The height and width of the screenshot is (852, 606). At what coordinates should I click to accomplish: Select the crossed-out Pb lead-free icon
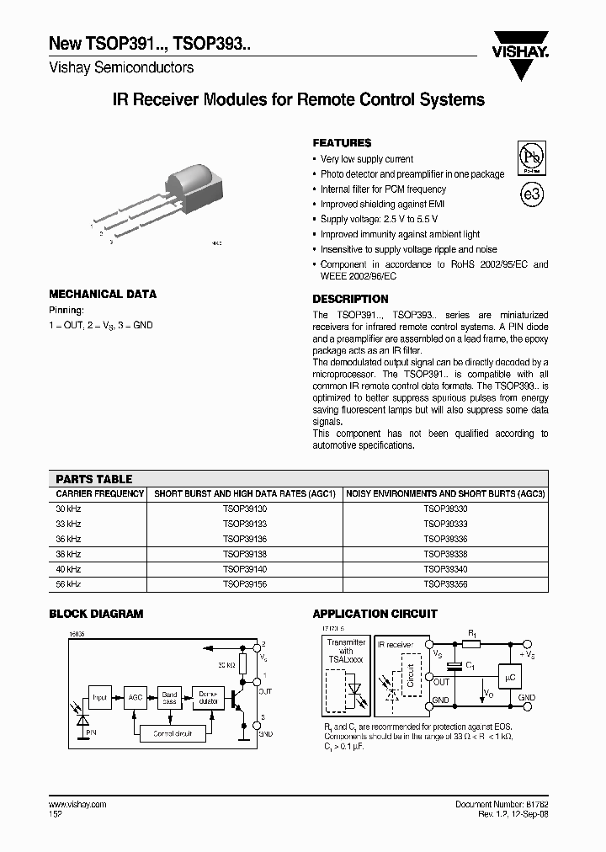point(530,157)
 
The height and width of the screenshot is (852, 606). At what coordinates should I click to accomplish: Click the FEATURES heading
point(342,143)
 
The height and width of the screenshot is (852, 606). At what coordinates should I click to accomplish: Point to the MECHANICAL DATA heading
point(103,294)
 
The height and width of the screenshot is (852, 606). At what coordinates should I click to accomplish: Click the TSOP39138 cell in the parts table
point(245,554)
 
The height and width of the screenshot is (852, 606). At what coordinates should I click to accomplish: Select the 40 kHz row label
point(68,569)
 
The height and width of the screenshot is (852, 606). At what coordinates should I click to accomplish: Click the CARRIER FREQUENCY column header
point(99,493)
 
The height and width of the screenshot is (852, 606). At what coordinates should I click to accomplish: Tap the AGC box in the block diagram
point(135,697)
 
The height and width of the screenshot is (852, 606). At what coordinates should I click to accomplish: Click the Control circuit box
point(173,733)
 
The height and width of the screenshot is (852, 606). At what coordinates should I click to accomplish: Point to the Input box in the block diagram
point(100,697)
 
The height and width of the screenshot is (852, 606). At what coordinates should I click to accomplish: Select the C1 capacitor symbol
point(454,665)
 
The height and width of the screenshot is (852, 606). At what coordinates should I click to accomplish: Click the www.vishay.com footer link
point(78,805)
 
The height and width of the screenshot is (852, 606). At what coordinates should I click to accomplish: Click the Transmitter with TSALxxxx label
point(346,652)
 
